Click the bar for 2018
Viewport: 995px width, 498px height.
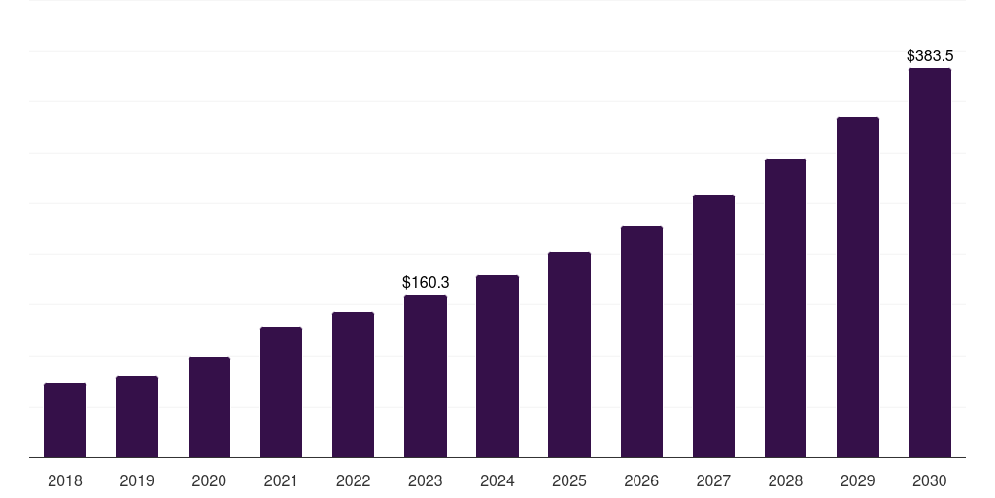(x=65, y=420)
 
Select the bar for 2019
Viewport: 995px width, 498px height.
(x=137, y=416)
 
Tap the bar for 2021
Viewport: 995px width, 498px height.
(x=281, y=392)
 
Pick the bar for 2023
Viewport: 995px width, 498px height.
(x=426, y=375)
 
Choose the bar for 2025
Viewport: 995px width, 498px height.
(x=569, y=354)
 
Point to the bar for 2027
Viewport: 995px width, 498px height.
(x=713, y=326)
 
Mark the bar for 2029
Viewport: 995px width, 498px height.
(x=858, y=287)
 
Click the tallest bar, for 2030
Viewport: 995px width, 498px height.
(x=930, y=263)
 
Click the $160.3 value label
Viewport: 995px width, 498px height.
(x=426, y=282)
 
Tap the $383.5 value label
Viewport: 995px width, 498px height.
(x=930, y=56)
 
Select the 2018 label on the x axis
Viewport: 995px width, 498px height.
(x=65, y=480)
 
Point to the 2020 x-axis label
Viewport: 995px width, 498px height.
(x=209, y=480)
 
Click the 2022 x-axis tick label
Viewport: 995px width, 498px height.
(x=353, y=480)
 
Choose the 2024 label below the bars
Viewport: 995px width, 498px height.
(x=497, y=480)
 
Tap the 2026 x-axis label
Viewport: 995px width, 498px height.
(x=641, y=480)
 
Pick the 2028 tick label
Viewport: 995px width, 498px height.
(x=785, y=480)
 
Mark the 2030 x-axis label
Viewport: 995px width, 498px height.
(x=930, y=480)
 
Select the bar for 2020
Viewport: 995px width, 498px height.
(x=209, y=407)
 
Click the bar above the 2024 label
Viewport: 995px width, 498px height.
(x=497, y=366)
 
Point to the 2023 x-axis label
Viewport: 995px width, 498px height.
(x=426, y=480)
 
